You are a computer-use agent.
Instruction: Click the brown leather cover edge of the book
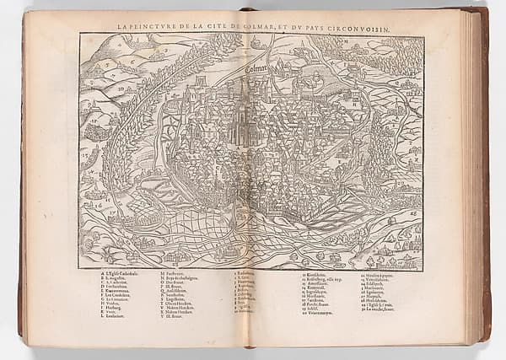486,169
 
